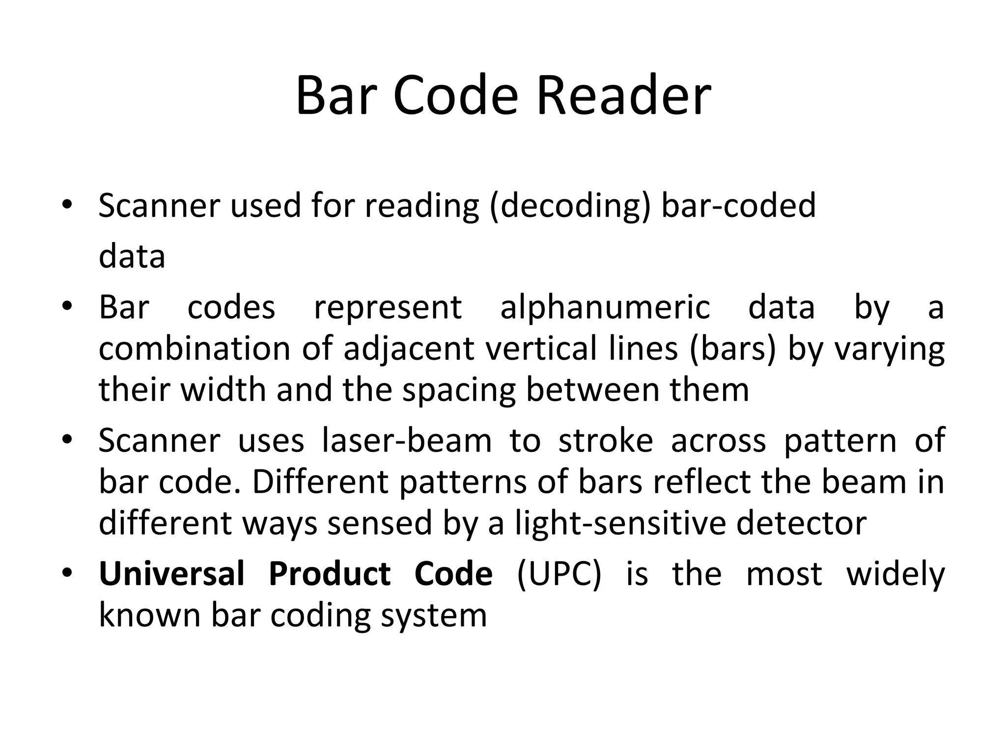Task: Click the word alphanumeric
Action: [x=605, y=308]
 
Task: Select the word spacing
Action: [x=459, y=391]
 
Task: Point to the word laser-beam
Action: [x=407, y=441]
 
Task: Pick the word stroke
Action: [x=606, y=441]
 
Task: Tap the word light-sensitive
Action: [x=620, y=523]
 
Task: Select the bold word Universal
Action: [x=171, y=573]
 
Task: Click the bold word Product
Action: [x=330, y=573]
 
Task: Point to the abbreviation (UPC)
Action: [x=559, y=574]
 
